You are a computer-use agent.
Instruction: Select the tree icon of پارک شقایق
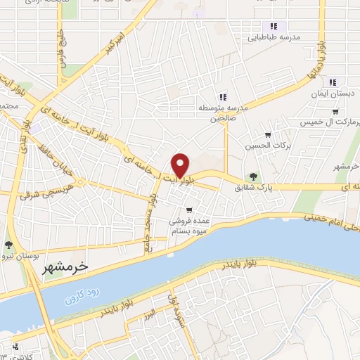[253, 176]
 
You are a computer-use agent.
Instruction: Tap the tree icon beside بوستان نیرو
[8, 245]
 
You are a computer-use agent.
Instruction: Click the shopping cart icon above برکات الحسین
[267, 134]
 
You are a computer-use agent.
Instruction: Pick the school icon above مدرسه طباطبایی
[274, 26]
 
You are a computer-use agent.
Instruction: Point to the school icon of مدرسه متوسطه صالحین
[222, 97]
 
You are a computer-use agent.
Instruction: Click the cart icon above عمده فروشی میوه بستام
[189, 210]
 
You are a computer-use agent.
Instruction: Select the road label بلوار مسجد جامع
[150, 214]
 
